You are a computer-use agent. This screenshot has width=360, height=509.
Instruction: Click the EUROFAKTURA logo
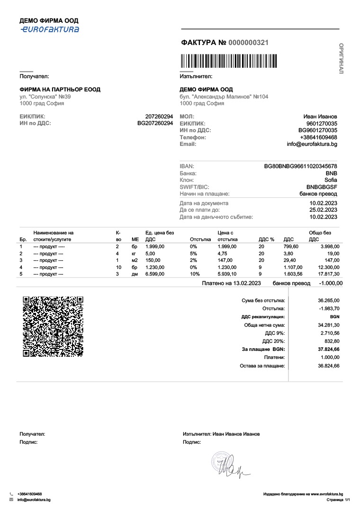pyautogui.click(x=49, y=29)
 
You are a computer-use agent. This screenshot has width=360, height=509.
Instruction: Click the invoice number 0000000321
pyautogui.click(x=248, y=43)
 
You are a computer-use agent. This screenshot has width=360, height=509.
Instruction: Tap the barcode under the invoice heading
pyautogui.click(x=229, y=62)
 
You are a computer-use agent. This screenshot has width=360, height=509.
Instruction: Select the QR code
pyautogui.click(x=53, y=326)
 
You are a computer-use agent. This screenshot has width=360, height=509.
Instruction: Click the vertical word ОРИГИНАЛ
pyautogui.click(x=342, y=58)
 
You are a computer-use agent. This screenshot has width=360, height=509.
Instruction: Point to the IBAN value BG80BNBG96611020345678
pyautogui.click(x=300, y=166)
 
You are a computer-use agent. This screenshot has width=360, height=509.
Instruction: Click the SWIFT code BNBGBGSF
pyautogui.click(x=322, y=187)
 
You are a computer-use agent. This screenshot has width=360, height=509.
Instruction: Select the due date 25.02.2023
pyautogui.click(x=323, y=210)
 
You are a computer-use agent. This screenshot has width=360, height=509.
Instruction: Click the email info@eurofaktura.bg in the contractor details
pyautogui.click(x=312, y=144)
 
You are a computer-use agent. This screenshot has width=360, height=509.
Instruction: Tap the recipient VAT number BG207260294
pyautogui.click(x=155, y=123)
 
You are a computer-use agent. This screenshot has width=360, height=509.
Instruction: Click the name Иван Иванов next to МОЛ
pyautogui.click(x=320, y=116)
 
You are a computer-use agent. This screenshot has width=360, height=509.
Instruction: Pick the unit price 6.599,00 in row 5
pyautogui.click(x=154, y=274)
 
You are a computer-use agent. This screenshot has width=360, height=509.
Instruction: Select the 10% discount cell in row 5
pyautogui.click(x=194, y=274)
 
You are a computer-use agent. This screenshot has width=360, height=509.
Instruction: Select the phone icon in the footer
pyautogui.click(x=11, y=494)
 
